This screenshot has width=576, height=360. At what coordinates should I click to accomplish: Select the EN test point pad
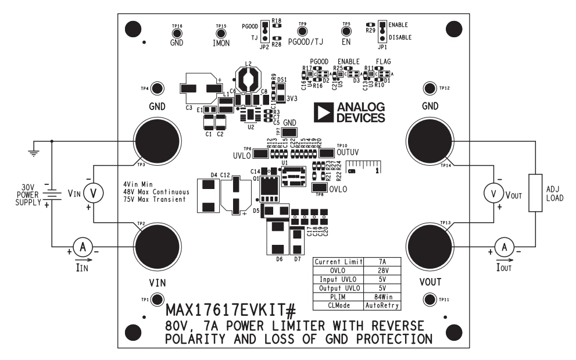(x=346, y=33)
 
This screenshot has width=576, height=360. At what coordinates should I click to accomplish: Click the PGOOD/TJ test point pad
(x=302, y=32)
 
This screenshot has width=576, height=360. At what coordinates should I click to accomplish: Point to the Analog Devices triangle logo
(x=323, y=113)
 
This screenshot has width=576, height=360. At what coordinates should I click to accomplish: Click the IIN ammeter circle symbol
(x=83, y=247)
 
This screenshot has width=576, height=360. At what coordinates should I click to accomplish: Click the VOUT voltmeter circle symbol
(x=494, y=193)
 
